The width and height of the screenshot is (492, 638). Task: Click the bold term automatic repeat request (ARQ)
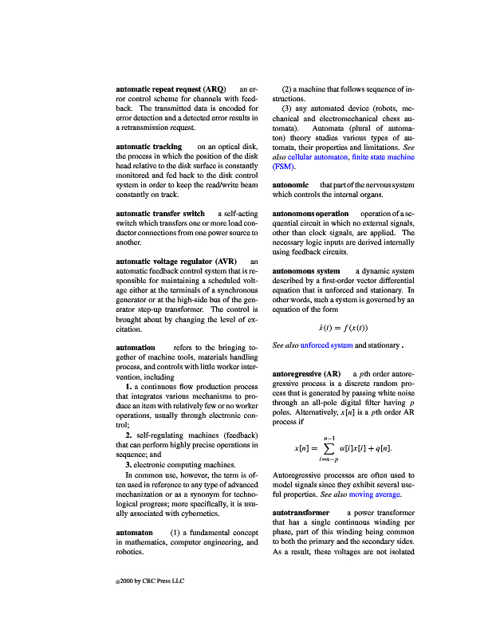tap(171, 89)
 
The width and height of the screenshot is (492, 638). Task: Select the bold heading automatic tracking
tap(149, 147)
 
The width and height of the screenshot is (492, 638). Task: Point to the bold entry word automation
tap(136, 348)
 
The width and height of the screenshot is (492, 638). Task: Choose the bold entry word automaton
tap(134, 531)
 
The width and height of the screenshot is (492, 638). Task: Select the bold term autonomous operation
tap(310, 214)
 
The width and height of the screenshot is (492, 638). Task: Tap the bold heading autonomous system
tap(306, 272)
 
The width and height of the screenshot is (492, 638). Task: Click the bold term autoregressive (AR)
tap(307, 373)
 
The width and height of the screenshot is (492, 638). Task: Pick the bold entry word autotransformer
tap(301, 512)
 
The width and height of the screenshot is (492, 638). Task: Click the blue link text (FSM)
tap(284, 167)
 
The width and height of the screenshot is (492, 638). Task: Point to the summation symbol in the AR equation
tap(327, 450)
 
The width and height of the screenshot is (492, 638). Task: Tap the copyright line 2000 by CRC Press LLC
tap(150, 581)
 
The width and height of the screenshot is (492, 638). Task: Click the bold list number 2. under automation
tap(128, 435)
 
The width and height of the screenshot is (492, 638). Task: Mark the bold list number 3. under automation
tap(128, 463)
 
